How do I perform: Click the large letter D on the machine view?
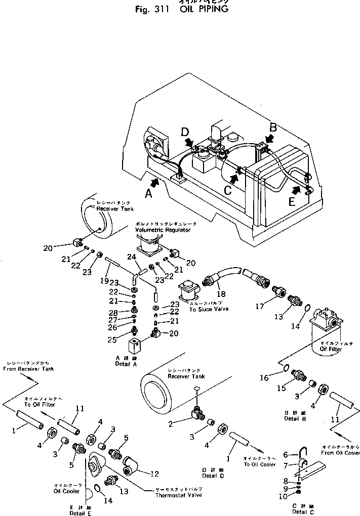pos(185,133)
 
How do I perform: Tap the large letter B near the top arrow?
pos(273,126)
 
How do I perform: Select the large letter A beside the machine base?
pos(148,193)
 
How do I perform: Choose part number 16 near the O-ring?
pos(278,377)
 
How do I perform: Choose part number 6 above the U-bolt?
pos(285,454)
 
